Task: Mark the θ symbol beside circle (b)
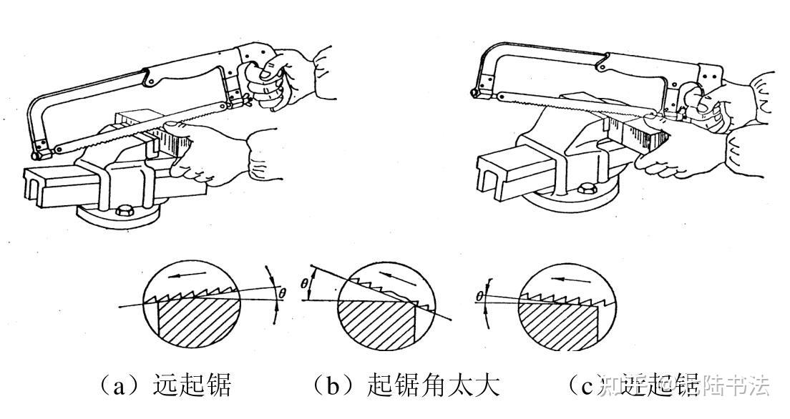click(x=304, y=284)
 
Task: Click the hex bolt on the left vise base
click(x=122, y=212)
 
